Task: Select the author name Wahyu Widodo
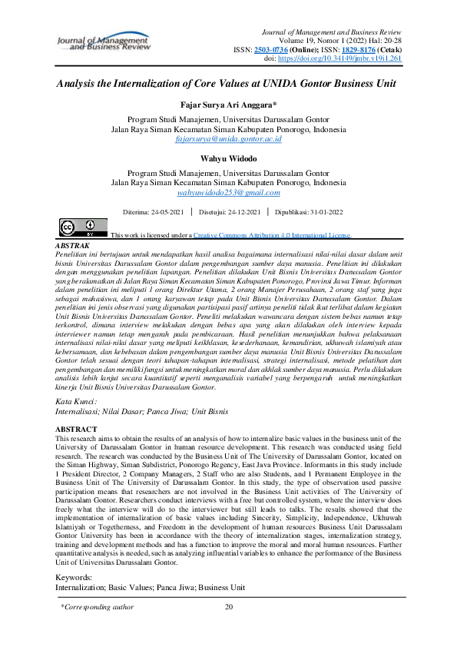click(228, 160)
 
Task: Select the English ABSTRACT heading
click(76, 429)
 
